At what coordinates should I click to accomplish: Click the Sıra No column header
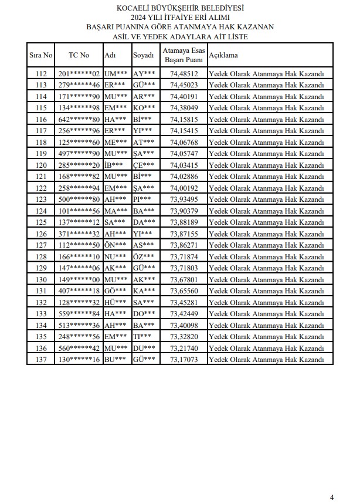pyautogui.click(x=41, y=55)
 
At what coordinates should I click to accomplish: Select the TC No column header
pyautogui.click(x=79, y=55)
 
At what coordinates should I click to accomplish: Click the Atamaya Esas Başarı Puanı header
pyautogui.click(x=184, y=55)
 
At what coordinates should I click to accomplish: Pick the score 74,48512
pyautogui.click(x=184, y=74)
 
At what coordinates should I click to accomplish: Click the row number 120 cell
pyautogui.click(x=41, y=165)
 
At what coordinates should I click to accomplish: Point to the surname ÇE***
pyautogui.click(x=144, y=165)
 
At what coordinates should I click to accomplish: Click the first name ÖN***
pyautogui.click(x=115, y=245)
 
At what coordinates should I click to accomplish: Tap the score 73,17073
pyautogui.click(x=184, y=360)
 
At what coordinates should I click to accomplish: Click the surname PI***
pyautogui.click(x=142, y=199)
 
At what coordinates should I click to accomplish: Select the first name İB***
pyautogui.click(x=114, y=165)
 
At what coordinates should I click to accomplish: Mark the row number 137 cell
pyautogui.click(x=41, y=360)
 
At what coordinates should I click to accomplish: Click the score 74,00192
pyautogui.click(x=184, y=188)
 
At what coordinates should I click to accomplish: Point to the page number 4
pyautogui.click(x=332, y=497)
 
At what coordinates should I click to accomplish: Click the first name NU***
pyautogui.click(x=115, y=257)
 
